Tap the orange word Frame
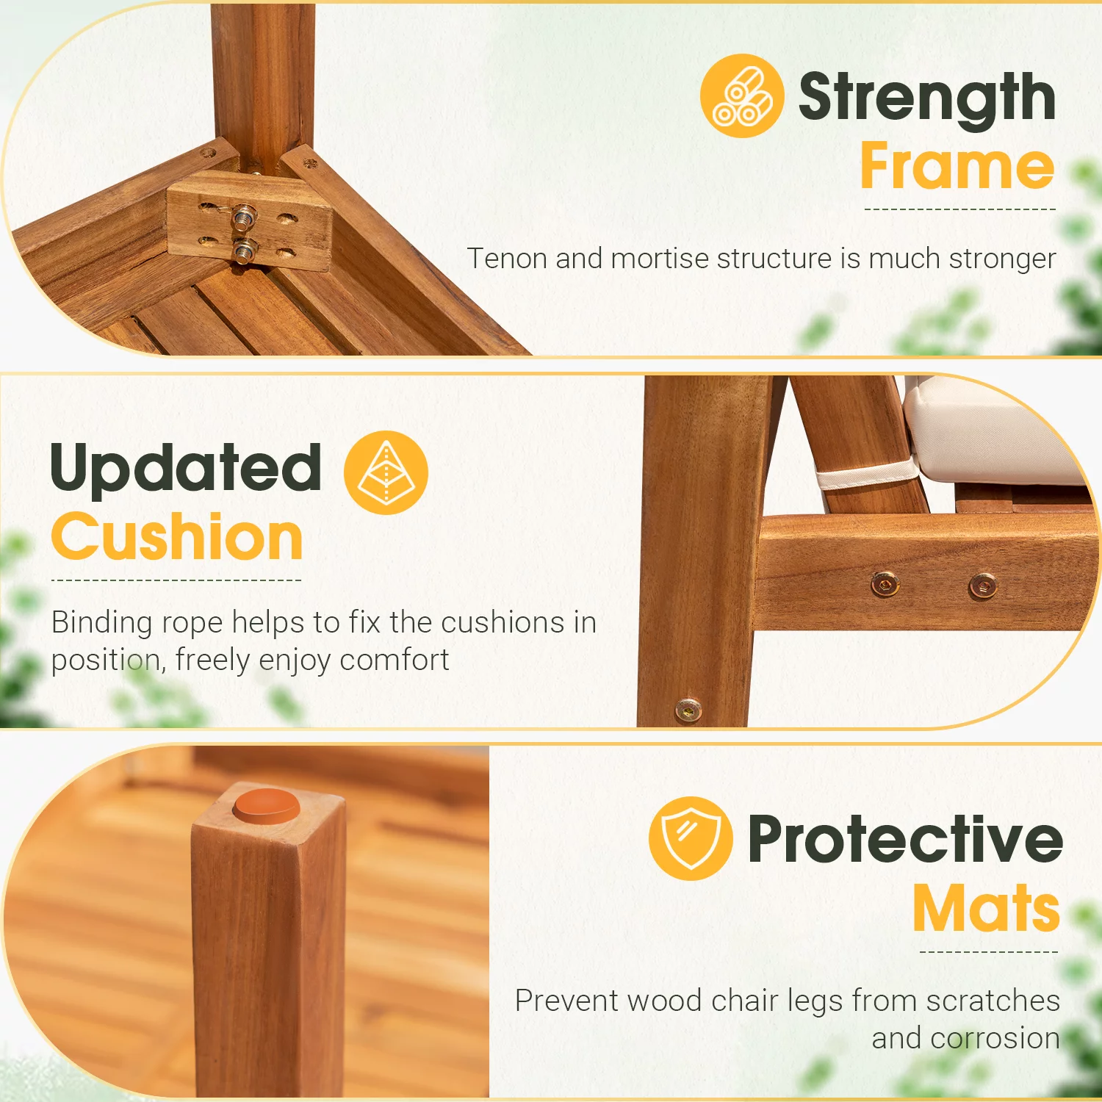pyautogui.click(x=958, y=167)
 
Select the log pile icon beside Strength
pyautogui.click(x=742, y=96)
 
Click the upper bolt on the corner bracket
pyautogui.click(x=243, y=217)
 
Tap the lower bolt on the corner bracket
pyautogui.click(x=243, y=251)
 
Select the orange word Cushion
pyautogui.click(x=177, y=537)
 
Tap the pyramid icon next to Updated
pyautogui.click(x=386, y=472)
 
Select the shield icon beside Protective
pyautogui.click(x=691, y=838)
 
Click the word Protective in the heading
pyautogui.click(x=905, y=839)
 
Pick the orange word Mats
pyautogui.click(x=987, y=908)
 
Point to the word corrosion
pyautogui.click(x=995, y=1039)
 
